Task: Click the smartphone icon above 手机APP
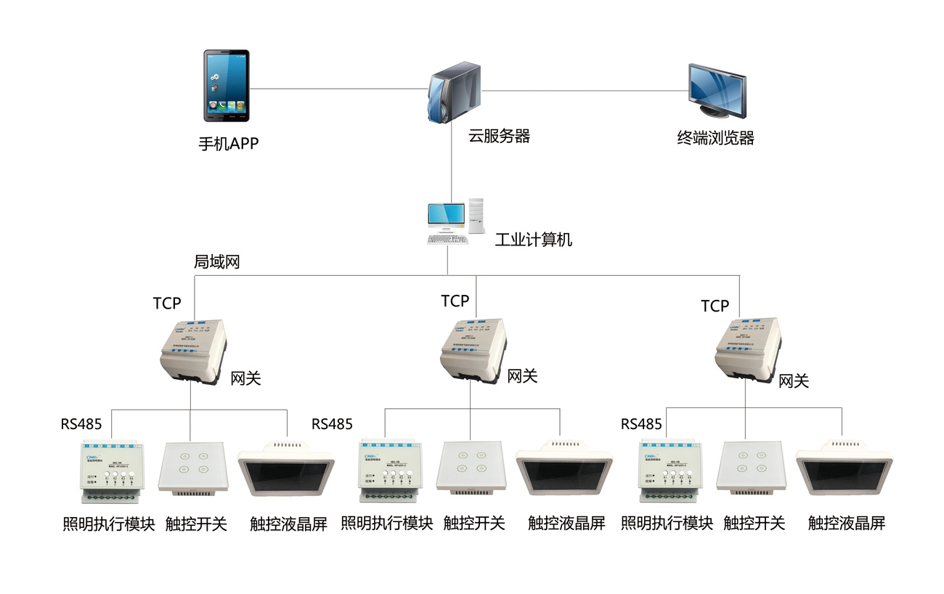point(226,85)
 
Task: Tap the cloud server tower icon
point(453,91)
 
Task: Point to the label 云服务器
point(499,136)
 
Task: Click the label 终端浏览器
point(715,137)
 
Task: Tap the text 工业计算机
point(534,240)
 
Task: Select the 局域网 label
point(216,262)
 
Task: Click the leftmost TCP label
point(167,303)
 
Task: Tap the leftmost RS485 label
point(81,424)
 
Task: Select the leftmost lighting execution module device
point(112,473)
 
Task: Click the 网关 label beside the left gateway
point(245,378)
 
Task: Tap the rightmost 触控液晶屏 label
point(847,524)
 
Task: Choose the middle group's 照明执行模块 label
point(387,523)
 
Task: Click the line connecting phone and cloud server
point(338,89)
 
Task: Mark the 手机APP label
point(228,144)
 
